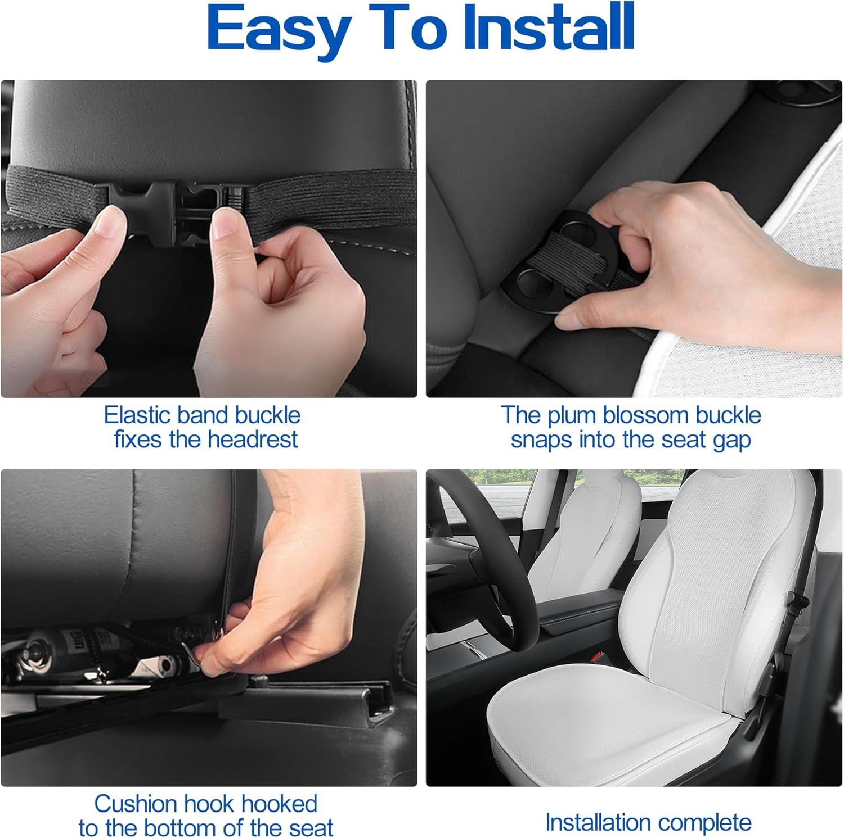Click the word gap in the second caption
tap(732, 441)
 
